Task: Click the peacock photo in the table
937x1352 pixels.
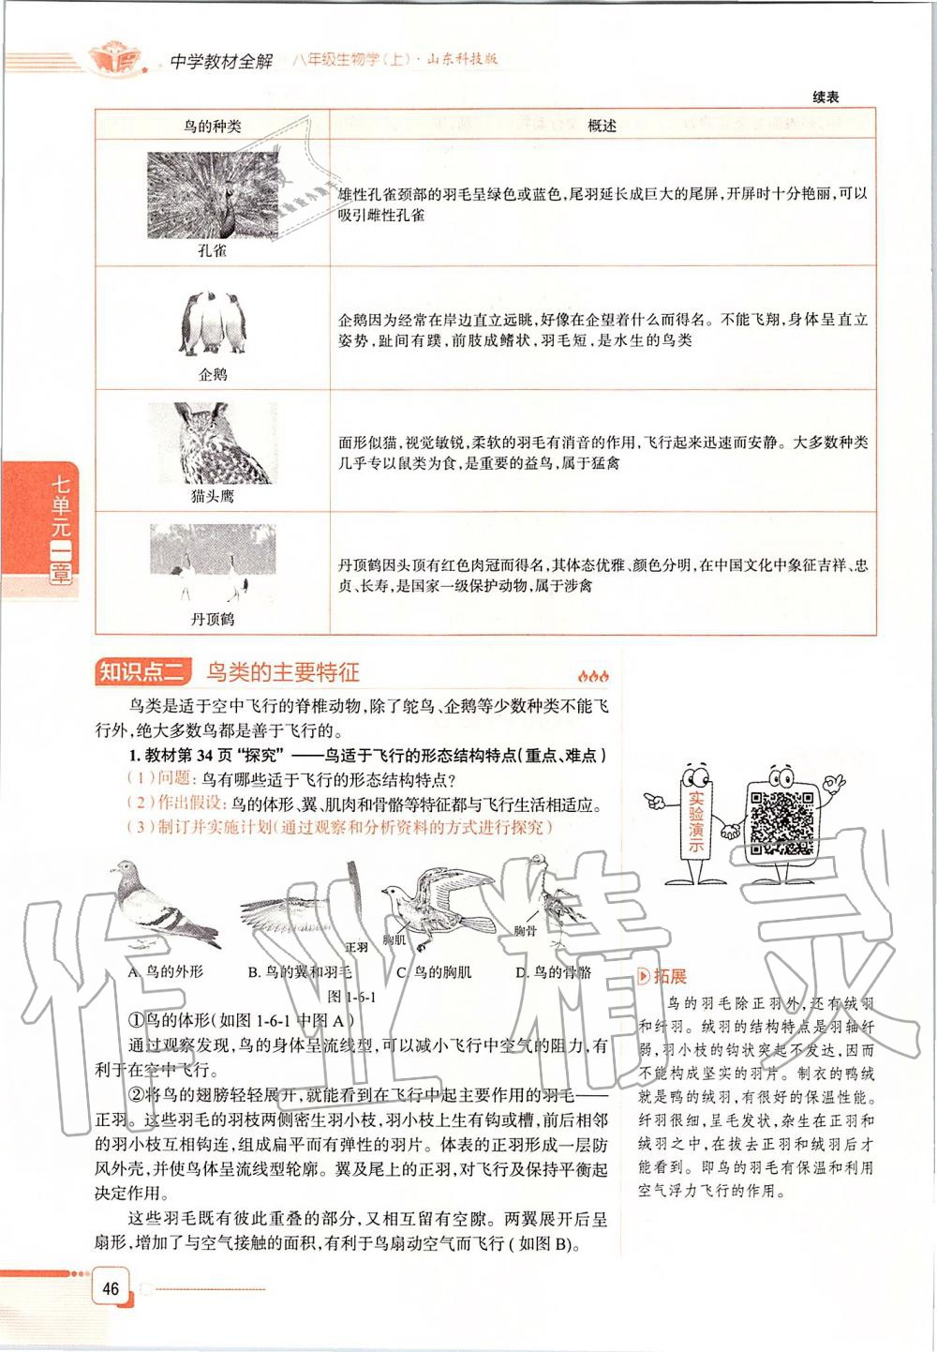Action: (x=213, y=195)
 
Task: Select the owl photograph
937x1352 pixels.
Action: (x=213, y=443)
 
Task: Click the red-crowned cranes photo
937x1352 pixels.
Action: (x=213, y=563)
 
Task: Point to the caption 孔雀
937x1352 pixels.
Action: (x=213, y=251)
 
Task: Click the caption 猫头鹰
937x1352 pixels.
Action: (x=213, y=496)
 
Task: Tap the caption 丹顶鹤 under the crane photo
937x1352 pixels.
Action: (x=213, y=619)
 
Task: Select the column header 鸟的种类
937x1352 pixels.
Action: (x=213, y=126)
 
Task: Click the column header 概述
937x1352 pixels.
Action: (x=602, y=126)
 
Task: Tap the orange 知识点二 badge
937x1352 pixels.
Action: (x=142, y=672)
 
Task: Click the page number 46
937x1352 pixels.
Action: (x=111, y=1288)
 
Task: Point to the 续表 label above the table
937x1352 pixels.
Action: (x=825, y=98)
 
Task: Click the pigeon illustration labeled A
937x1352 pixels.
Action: (x=159, y=908)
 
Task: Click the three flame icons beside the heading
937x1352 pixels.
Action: (x=593, y=675)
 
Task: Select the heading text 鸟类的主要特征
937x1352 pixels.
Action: (x=283, y=672)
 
